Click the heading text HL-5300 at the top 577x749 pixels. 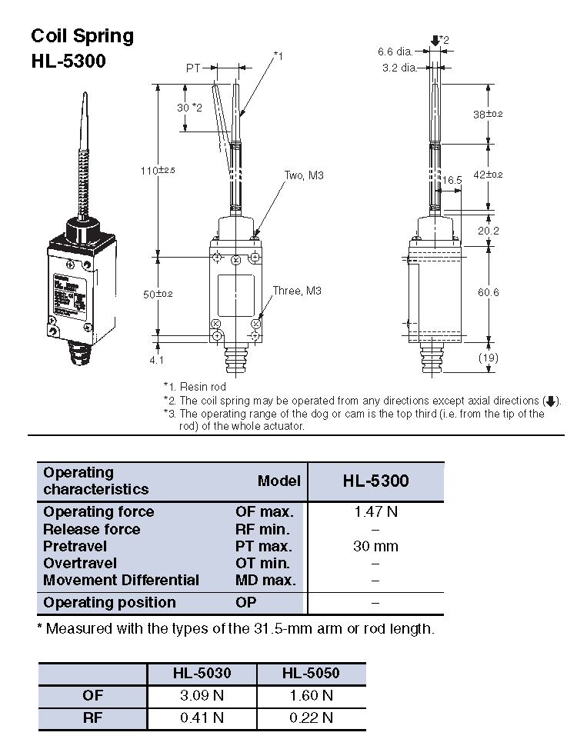pos(68,61)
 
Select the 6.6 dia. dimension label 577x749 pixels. pos(395,52)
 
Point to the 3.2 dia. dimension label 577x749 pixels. pos(399,68)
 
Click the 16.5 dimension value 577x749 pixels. pos(452,180)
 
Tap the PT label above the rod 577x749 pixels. pos(193,68)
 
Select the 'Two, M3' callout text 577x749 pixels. pos(304,175)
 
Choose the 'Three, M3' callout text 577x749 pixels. pos(297,291)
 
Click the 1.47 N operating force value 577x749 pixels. pos(375,512)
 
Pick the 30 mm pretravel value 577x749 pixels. pos(375,546)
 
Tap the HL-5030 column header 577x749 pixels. pos(202,674)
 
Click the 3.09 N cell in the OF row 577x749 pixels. pos(202,695)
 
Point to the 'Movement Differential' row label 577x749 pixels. pos(121,580)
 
